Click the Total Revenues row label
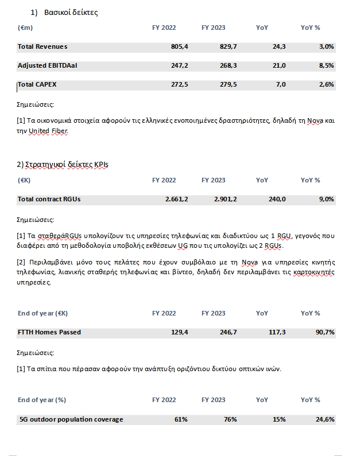click(x=42, y=46)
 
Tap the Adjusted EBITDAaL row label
click(x=48, y=66)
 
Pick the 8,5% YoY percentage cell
click(x=326, y=66)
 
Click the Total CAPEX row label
click(x=37, y=85)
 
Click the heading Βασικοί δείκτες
click(x=71, y=13)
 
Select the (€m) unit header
click(x=25, y=28)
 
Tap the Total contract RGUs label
click(x=49, y=199)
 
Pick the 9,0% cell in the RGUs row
click(x=326, y=199)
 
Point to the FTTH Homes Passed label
click(x=49, y=332)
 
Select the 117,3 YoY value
click(x=277, y=332)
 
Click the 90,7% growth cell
click(x=324, y=332)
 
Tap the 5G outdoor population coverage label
click(x=71, y=419)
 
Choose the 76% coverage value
click(x=230, y=419)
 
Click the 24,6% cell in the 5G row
click(x=324, y=419)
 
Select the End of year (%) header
click(x=42, y=400)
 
